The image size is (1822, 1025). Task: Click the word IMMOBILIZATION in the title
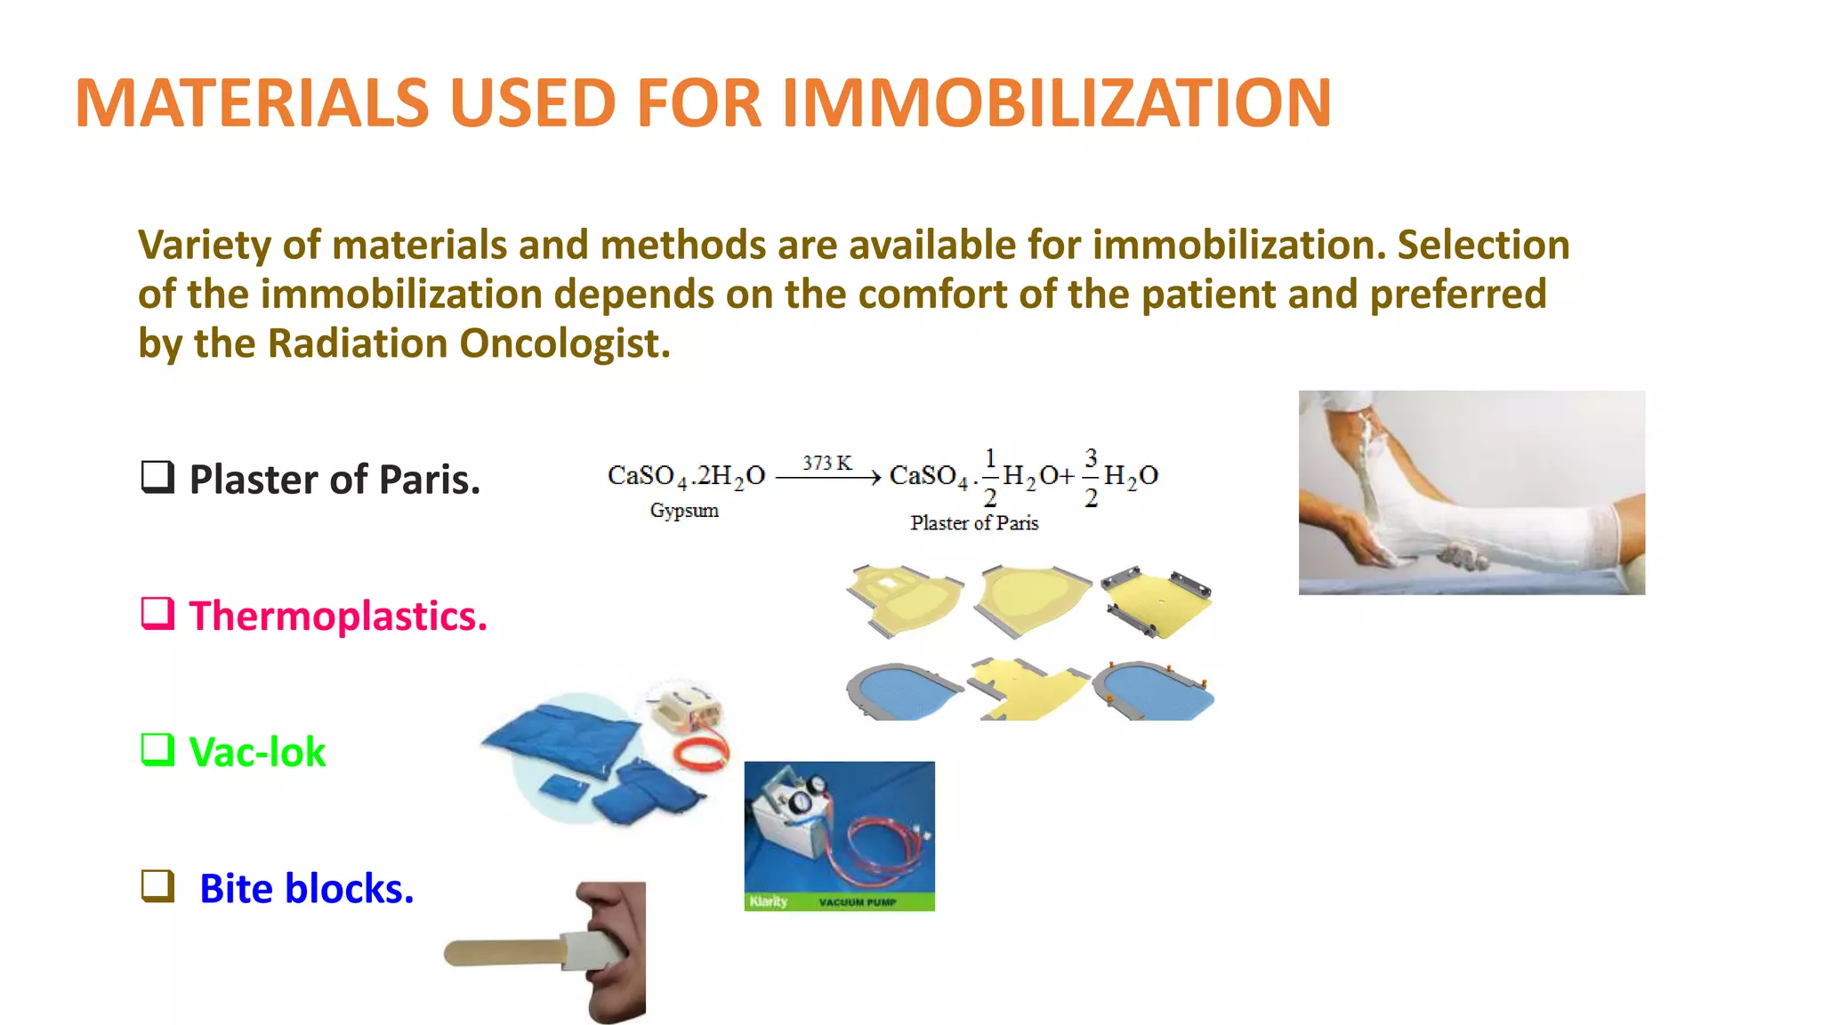(1056, 103)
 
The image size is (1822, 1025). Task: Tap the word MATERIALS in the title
(252, 103)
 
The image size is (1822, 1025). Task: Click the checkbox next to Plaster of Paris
(157, 477)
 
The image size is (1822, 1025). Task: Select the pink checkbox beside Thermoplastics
(157, 613)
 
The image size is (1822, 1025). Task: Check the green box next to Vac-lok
(157, 749)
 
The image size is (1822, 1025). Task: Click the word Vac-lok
(257, 753)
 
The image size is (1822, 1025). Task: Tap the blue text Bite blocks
(306, 889)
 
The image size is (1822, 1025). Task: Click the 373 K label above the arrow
(826, 463)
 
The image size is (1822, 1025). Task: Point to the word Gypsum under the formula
(683, 511)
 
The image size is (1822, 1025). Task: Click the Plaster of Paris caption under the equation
(974, 523)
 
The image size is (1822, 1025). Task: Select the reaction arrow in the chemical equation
(827, 479)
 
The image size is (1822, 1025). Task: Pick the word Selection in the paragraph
(1483, 246)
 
